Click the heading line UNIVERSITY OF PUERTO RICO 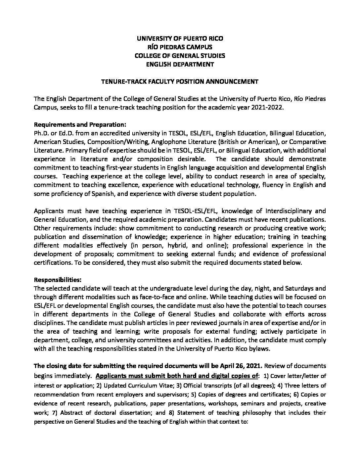(x=180, y=38)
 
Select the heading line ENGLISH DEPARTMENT (x=180, y=64)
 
